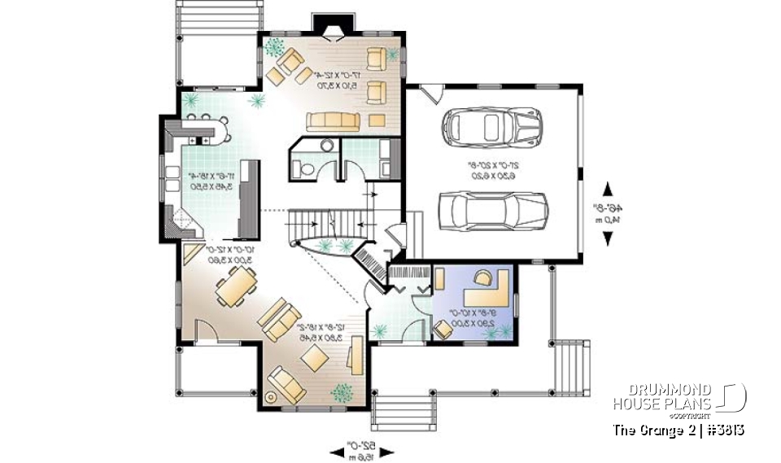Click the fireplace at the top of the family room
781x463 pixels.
(x=332, y=30)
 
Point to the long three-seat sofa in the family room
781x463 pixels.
(x=334, y=122)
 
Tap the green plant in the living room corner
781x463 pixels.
(x=341, y=391)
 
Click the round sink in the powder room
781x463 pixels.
(x=325, y=146)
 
